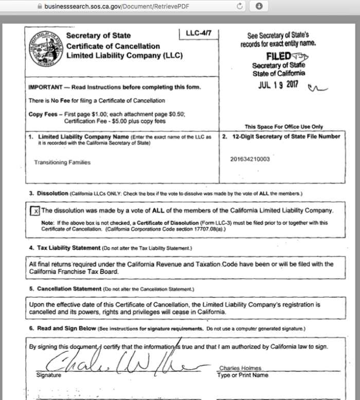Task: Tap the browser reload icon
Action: tap(239, 7)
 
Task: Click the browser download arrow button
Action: tap(259, 7)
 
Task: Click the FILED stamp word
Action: tap(278, 56)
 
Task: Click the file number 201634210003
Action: tap(250, 159)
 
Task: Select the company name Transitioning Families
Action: tap(62, 162)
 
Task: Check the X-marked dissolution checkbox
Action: tap(35, 211)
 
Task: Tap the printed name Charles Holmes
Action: tap(240, 368)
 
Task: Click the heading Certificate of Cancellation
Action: tap(113, 46)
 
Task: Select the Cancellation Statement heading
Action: tap(69, 288)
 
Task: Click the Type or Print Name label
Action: tap(243, 375)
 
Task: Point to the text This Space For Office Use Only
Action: tap(284, 127)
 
